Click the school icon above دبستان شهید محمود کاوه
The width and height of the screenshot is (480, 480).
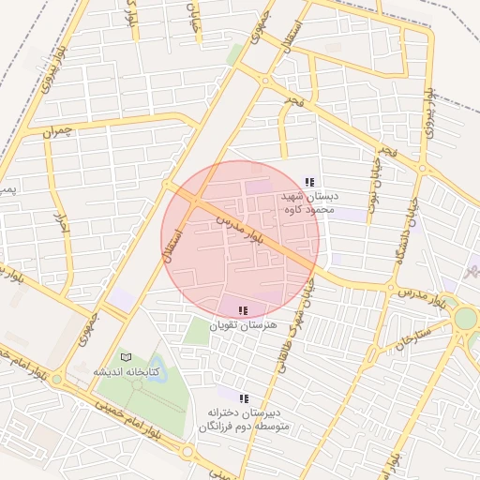click(x=310, y=182)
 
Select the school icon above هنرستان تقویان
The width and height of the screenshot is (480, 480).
click(x=243, y=310)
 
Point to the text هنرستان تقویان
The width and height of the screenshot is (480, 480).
click(x=242, y=325)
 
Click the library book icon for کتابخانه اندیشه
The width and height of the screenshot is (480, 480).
click(x=127, y=357)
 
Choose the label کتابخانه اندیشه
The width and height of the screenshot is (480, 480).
click(x=126, y=372)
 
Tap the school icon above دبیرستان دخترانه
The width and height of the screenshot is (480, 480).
click(x=245, y=398)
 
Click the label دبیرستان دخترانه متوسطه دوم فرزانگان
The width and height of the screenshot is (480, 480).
click(x=245, y=419)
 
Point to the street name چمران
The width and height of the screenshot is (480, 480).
click(x=56, y=131)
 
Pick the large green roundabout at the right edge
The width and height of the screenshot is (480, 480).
click(x=465, y=318)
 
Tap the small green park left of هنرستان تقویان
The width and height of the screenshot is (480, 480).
click(x=196, y=331)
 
